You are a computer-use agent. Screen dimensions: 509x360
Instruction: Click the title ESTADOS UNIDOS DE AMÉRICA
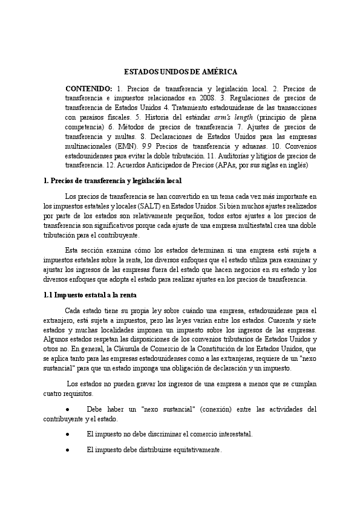pos(180,71)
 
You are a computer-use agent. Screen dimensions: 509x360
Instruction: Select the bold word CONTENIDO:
pos(88,89)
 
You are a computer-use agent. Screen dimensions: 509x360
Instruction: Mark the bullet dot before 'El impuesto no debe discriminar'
pos(68,435)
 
